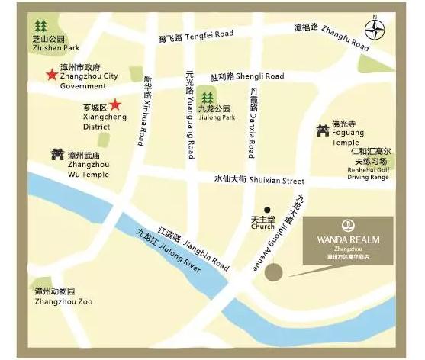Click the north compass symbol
374,31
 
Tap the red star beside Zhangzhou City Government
50,75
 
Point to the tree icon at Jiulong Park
207,97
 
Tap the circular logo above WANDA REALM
348,226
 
